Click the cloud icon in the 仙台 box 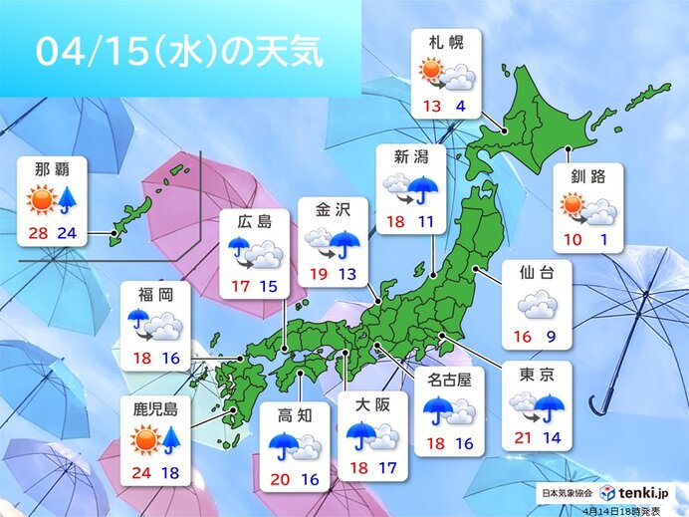[538, 303]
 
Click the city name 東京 [538, 377]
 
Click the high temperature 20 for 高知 [282, 480]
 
